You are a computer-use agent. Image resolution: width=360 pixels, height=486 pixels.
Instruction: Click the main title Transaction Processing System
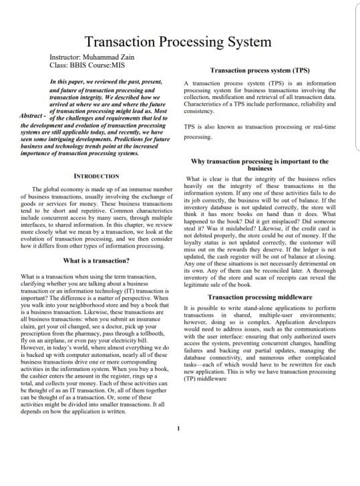coord(178,42)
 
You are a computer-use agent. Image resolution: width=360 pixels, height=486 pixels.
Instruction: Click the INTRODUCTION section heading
coord(96,176)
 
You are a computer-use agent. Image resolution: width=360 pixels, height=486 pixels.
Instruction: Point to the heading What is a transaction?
coord(96,260)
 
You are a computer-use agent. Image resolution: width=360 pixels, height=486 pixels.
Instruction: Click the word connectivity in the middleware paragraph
coord(221,358)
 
